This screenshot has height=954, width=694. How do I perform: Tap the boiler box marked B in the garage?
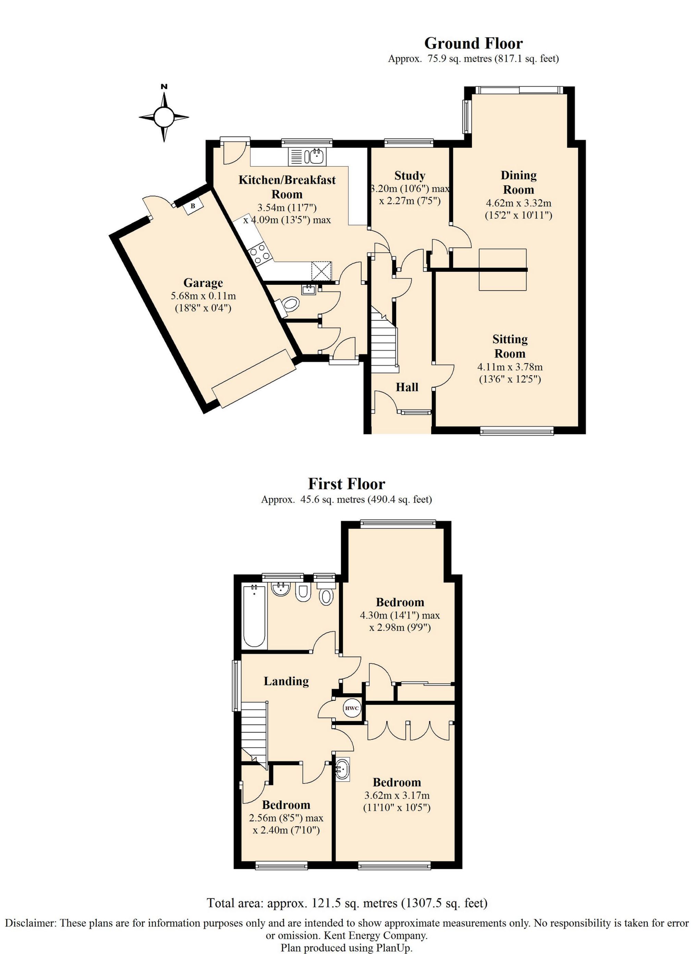click(193, 206)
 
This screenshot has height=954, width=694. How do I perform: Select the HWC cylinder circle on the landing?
click(352, 708)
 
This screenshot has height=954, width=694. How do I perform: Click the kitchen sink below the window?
click(307, 157)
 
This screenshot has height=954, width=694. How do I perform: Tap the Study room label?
click(410, 175)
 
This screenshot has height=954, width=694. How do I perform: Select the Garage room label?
click(203, 283)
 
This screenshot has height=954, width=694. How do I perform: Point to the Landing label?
click(286, 681)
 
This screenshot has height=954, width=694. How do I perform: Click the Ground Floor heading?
click(473, 43)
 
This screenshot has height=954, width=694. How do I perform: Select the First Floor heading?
click(346, 484)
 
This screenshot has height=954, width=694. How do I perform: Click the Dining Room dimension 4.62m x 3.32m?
click(519, 204)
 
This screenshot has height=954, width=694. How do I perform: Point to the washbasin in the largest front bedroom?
click(343, 770)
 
